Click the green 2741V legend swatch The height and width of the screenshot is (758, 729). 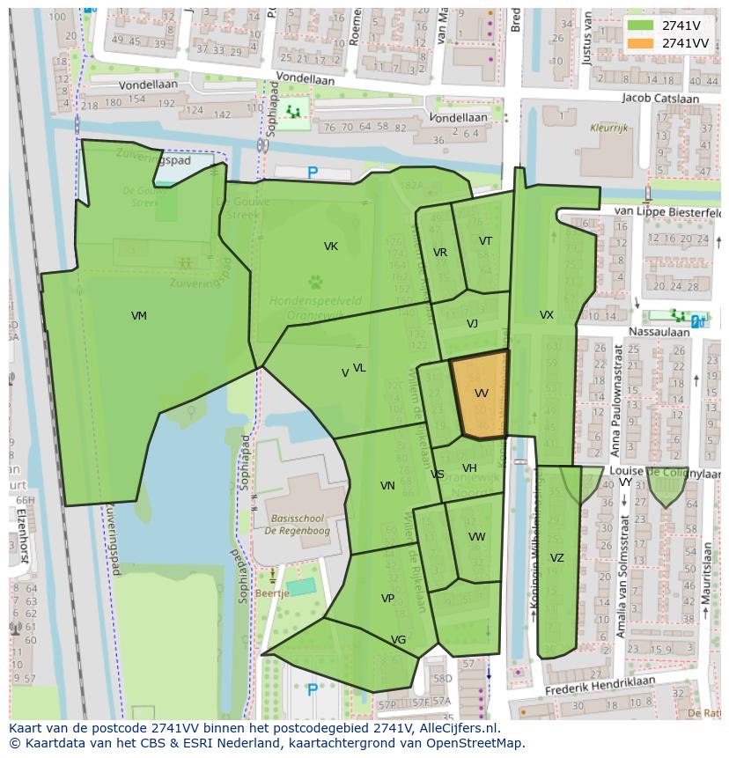(641, 26)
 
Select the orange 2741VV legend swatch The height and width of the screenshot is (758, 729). (641, 43)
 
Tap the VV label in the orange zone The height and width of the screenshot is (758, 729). (481, 394)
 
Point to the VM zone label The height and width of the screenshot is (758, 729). (139, 316)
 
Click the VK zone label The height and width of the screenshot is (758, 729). (331, 247)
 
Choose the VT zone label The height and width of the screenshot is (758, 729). (485, 241)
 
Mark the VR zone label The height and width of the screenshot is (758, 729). (440, 253)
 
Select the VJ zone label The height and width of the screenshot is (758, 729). (472, 324)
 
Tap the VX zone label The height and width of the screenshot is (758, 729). (547, 315)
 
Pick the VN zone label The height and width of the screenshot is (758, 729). (387, 486)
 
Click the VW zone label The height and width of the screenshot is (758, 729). (476, 537)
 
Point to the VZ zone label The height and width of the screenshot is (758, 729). (556, 558)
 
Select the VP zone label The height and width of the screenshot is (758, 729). (387, 599)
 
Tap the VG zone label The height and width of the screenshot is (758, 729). (398, 640)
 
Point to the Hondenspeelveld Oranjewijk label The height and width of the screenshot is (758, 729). (315, 306)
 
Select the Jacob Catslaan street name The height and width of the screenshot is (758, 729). (659, 98)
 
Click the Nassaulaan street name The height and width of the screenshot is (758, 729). (660, 332)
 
